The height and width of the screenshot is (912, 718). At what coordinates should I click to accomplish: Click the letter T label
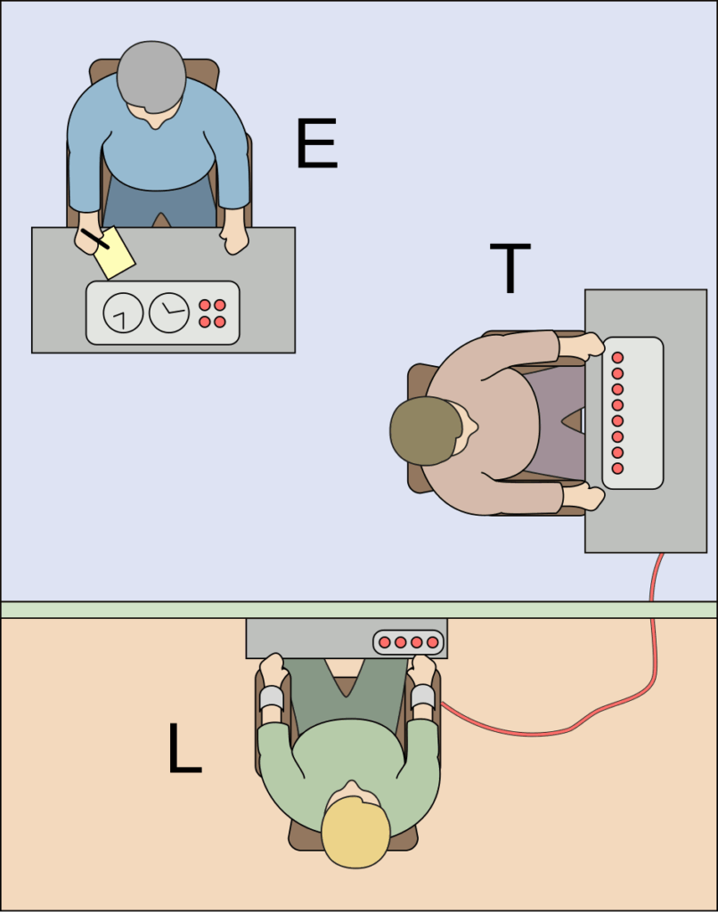tap(510, 268)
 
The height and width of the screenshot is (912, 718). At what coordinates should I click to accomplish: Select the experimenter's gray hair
tap(151, 76)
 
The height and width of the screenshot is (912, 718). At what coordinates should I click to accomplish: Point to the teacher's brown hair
tap(426, 431)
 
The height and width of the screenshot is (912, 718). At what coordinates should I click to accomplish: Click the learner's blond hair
tap(355, 831)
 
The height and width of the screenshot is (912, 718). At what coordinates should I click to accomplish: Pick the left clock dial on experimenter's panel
tap(123, 313)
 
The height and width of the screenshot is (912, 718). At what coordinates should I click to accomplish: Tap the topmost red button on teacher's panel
tap(617, 357)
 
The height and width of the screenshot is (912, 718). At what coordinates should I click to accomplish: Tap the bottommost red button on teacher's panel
tap(617, 468)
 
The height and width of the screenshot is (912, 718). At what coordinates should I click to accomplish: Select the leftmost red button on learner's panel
tap(385, 641)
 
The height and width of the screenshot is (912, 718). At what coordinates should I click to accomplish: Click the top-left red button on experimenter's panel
tap(205, 305)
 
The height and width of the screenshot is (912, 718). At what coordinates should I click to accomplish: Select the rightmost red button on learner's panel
tap(433, 641)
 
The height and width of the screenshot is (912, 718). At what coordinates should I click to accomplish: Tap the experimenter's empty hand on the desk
tap(235, 237)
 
